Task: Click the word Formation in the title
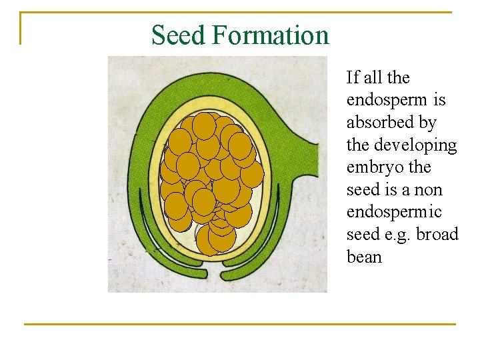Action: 271,35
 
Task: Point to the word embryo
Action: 371,167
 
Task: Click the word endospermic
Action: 394,212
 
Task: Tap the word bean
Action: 364,257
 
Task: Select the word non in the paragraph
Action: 428,190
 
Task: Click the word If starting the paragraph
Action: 353,78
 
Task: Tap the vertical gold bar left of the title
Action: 21,28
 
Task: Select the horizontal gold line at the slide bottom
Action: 240,325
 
